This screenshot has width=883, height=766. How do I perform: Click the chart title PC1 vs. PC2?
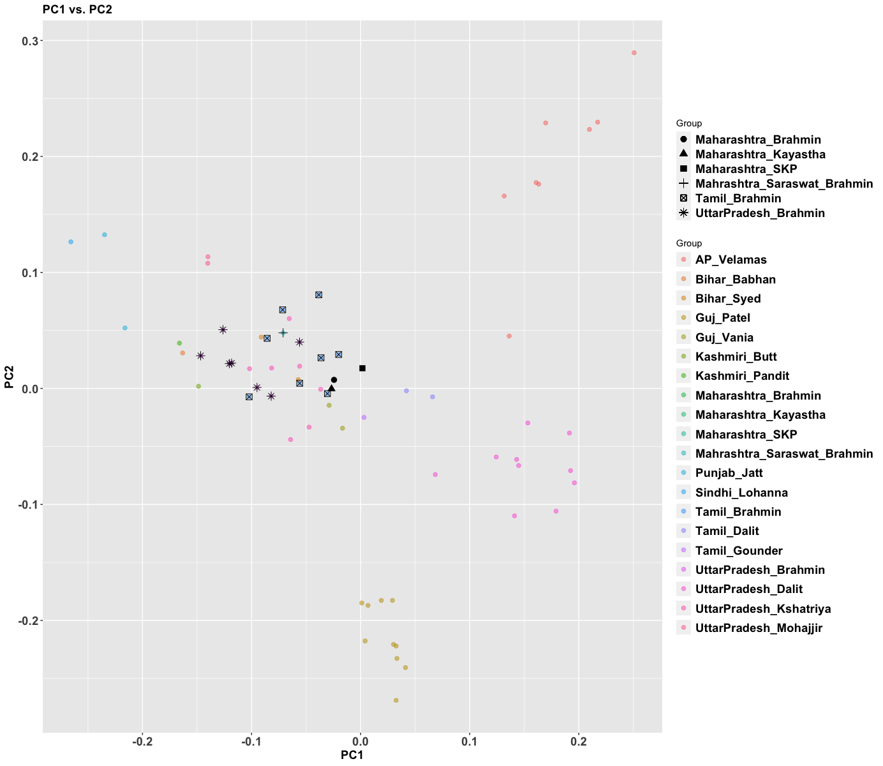pyautogui.click(x=77, y=10)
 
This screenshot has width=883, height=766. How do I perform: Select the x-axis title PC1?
pyautogui.click(x=352, y=756)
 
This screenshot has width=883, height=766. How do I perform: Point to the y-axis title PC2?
pyautogui.click(x=10, y=377)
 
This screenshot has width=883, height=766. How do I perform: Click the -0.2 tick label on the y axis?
pyautogui.click(x=27, y=620)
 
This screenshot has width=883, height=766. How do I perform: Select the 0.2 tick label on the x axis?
pyautogui.click(x=579, y=742)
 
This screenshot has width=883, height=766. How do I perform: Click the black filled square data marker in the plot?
pyautogui.click(x=362, y=368)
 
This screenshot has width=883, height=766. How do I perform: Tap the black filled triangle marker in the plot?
pyautogui.click(x=331, y=388)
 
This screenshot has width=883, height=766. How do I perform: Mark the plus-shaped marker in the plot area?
pyautogui.click(x=283, y=333)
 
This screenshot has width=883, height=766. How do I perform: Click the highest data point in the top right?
pyautogui.click(x=634, y=53)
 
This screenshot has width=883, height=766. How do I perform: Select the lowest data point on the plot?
pyautogui.click(x=396, y=700)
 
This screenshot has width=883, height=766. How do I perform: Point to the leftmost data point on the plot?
pyautogui.click(x=71, y=242)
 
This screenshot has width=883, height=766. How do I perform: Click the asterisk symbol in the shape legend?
pyautogui.click(x=684, y=213)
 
